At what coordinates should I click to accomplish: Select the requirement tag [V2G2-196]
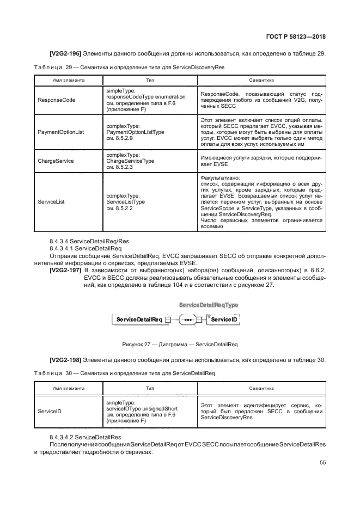[x=65, y=53]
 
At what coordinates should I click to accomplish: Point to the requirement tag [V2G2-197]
[x=65, y=270]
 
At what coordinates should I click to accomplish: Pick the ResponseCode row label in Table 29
[x=57, y=100]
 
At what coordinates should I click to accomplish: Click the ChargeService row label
[x=56, y=161]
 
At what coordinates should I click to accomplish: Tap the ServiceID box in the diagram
[x=223, y=320]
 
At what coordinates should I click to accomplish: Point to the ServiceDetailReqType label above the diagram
[x=209, y=306]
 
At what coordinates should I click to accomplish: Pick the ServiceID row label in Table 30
[x=50, y=412]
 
